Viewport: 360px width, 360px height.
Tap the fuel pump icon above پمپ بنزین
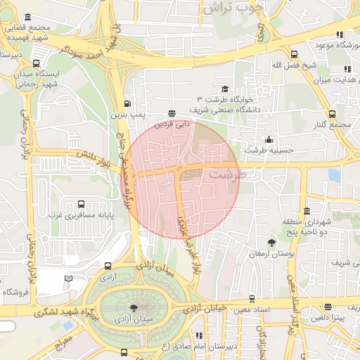(x=127, y=103)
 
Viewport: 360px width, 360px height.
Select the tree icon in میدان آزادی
(x=134, y=307)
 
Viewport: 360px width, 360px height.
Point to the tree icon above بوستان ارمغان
(x=271, y=243)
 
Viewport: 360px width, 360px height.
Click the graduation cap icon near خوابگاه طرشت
(x=225, y=89)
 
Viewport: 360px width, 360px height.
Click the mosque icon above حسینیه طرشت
(x=268, y=139)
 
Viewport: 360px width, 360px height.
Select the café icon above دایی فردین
(x=172, y=112)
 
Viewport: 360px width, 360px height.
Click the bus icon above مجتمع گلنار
(x=333, y=114)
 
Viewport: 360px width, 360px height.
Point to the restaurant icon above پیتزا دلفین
(x=328, y=307)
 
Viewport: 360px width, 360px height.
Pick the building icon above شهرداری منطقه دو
(x=307, y=211)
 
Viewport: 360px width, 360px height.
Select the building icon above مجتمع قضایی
(x=27, y=17)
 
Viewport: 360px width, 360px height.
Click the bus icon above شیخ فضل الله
(x=293, y=54)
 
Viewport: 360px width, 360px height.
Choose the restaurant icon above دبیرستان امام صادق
(x=199, y=335)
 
